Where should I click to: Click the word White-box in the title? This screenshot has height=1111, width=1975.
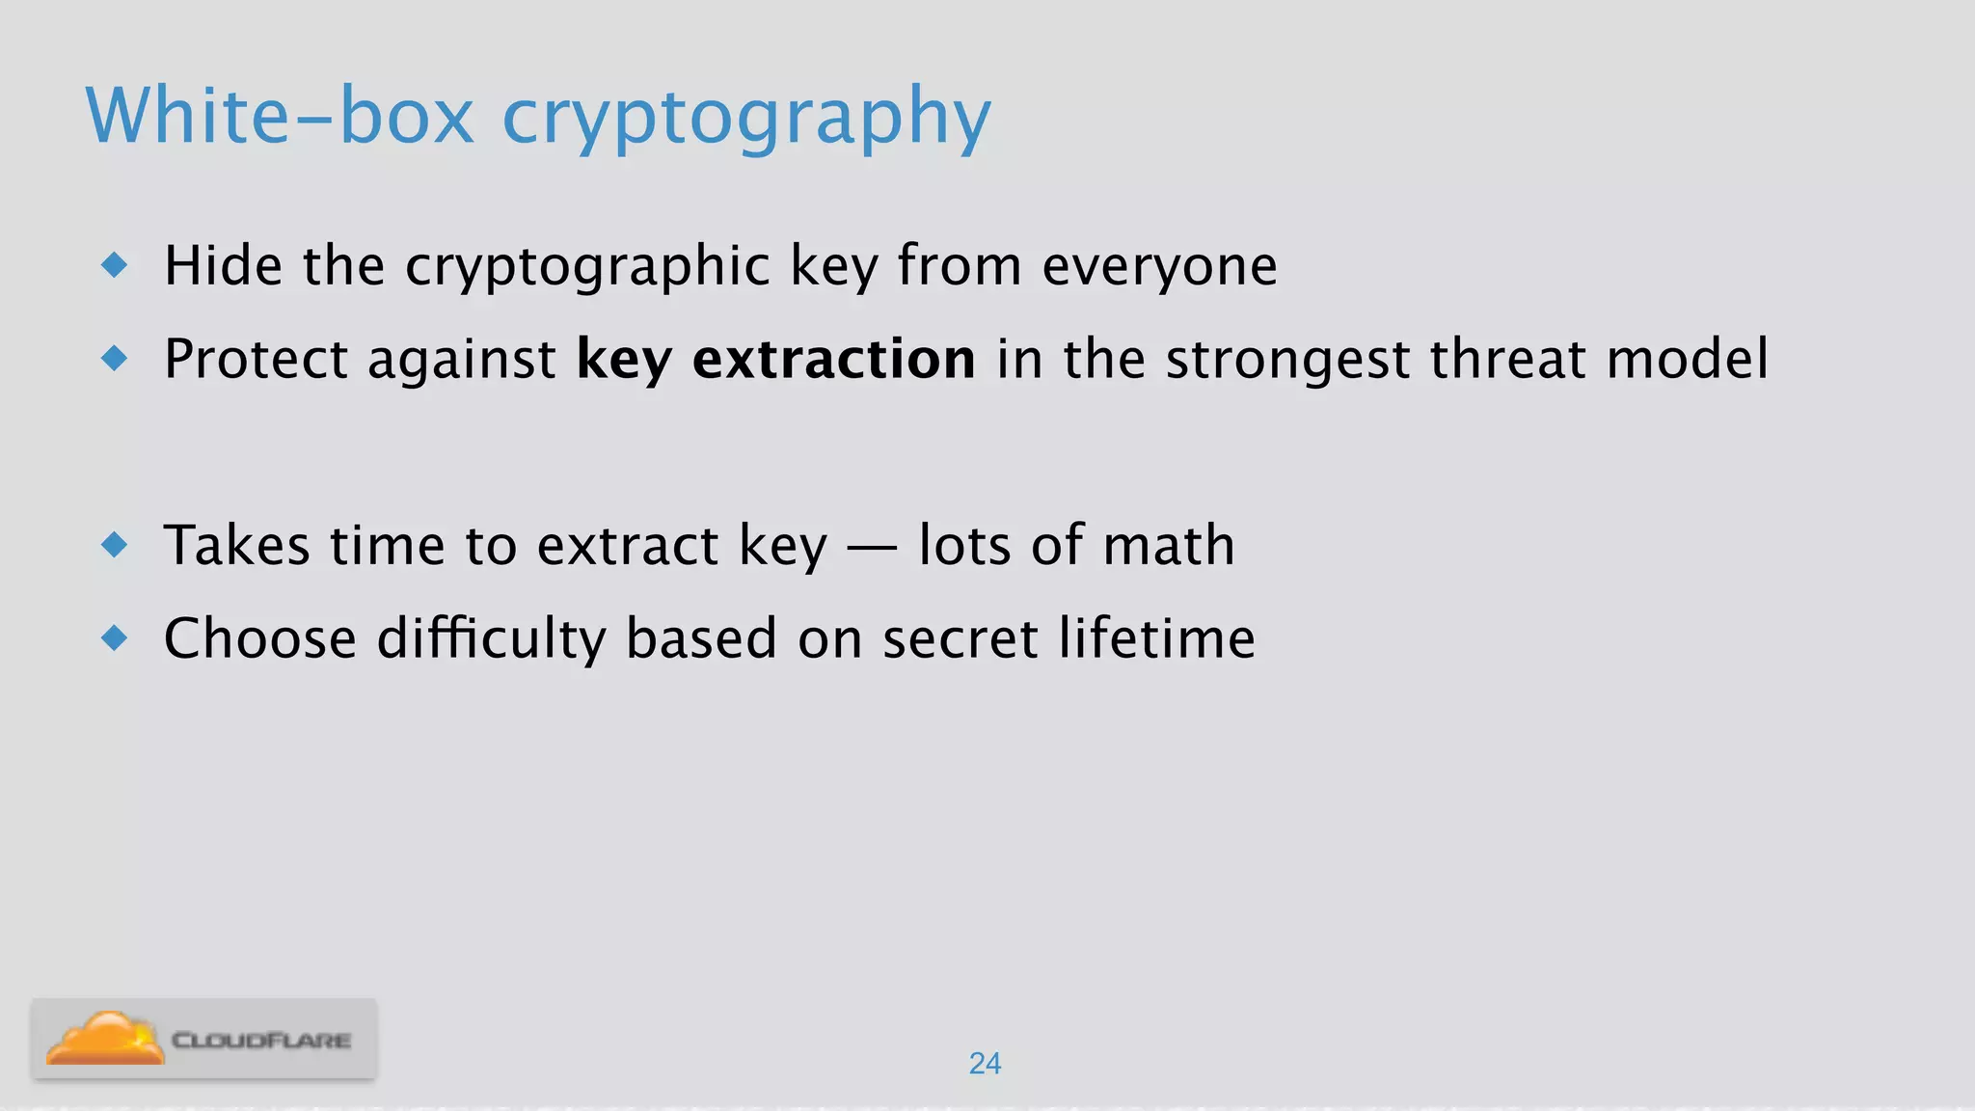280,116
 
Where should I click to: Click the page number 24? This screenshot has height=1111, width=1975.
985,1063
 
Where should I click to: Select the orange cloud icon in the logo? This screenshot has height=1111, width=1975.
105,1039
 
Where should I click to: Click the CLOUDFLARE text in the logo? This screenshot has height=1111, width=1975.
261,1041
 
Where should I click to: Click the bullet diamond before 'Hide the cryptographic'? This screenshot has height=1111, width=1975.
115,264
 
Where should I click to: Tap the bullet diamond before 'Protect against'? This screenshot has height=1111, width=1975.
115,359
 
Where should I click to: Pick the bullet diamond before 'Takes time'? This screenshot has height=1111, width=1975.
115,545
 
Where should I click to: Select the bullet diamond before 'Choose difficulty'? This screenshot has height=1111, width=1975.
115,637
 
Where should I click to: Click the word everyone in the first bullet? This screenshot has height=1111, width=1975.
1159,266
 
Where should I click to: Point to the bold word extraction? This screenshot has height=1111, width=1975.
833,359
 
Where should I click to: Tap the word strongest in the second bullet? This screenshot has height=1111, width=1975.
1287,361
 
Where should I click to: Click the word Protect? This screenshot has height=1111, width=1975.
256,359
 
